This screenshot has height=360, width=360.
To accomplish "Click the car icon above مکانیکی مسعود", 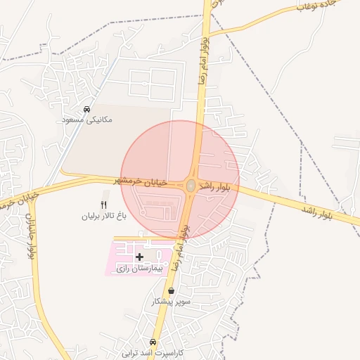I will point(86,110).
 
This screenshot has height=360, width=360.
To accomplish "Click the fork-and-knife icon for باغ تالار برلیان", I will point(105,205).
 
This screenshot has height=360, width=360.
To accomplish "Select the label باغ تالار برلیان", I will point(105,217).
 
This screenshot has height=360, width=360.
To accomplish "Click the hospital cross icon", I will point(139,257).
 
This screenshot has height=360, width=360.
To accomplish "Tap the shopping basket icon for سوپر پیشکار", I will point(171,290).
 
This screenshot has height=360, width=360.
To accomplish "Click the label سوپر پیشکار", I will point(172,301).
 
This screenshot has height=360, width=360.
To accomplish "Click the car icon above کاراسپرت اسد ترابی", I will point(163,342).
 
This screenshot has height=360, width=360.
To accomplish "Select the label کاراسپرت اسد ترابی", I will point(153,352).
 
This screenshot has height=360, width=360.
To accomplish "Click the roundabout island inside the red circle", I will point(191,186).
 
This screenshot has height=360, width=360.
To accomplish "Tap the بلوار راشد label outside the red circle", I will point(330,214).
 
